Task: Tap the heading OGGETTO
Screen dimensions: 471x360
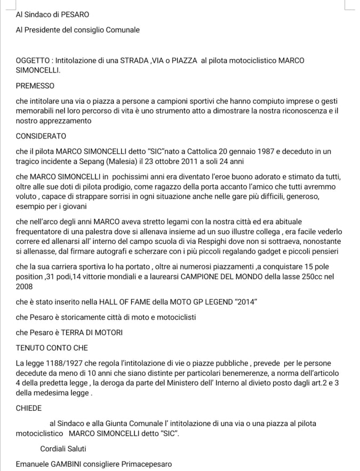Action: (33, 61)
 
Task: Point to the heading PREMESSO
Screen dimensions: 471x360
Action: (35, 85)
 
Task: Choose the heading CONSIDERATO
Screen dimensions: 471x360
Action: (41, 136)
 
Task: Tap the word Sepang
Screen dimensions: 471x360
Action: (93, 161)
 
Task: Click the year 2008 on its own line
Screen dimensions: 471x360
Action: (25, 287)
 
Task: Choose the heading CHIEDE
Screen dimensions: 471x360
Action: (29, 408)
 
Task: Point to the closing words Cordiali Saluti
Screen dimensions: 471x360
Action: (63, 449)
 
